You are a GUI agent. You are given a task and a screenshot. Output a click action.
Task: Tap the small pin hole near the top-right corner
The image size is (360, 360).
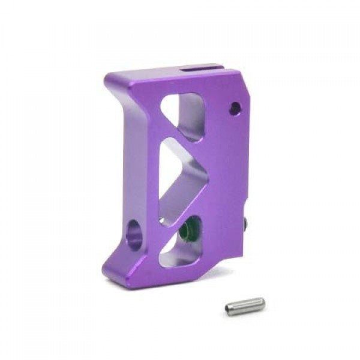[x=235, y=109]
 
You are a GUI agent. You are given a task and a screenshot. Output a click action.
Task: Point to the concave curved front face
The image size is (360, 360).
[x=117, y=168]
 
